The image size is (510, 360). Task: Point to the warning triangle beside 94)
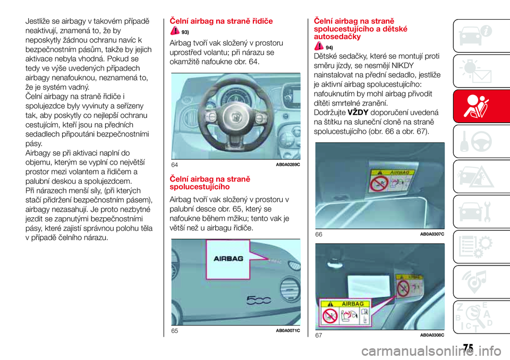pos(319,47)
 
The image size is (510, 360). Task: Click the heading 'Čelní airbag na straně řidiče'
pos(220,21)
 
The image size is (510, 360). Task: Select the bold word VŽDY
pos(351,113)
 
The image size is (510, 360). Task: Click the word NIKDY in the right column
pos(407,65)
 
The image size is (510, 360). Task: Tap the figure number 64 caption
pos(174,165)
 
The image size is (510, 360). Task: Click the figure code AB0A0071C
pos(288,331)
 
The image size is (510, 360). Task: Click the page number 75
pos(467,347)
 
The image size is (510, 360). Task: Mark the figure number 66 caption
pos(319,234)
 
